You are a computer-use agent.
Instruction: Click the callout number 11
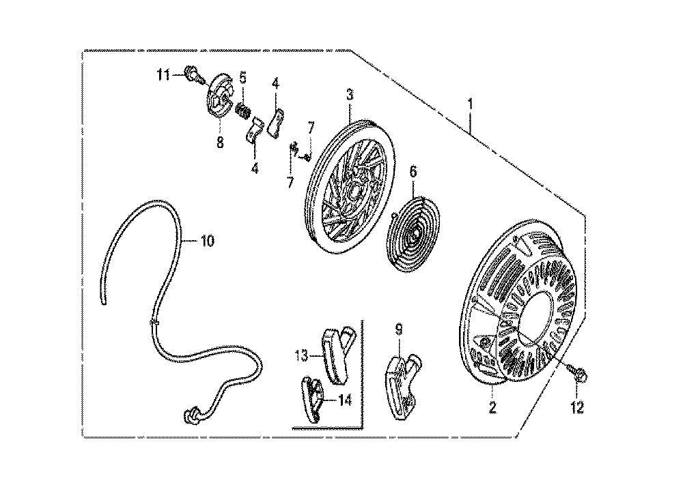click(163, 75)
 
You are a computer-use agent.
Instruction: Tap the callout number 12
click(577, 407)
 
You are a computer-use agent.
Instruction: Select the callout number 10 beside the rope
click(208, 241)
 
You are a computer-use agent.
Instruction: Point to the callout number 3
click(350, 94)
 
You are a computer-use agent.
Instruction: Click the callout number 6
click(413, 171)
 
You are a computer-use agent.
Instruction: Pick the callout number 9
click(399, 330)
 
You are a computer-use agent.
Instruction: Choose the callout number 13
click(302, 356)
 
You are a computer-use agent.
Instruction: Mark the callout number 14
click(345, 399)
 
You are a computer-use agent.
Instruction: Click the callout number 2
click(492, 407)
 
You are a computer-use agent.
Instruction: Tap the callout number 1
click(471, 104)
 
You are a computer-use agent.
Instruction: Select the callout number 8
click(220, 142)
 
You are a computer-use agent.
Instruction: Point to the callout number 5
click(242, 78)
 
